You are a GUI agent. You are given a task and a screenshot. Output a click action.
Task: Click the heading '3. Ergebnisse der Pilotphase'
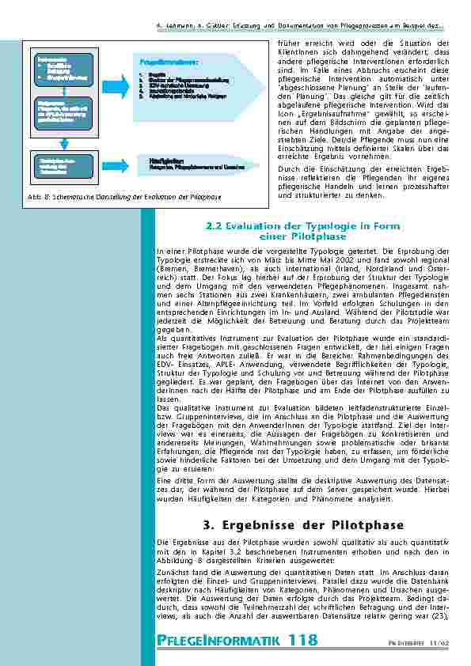tap(303, 525)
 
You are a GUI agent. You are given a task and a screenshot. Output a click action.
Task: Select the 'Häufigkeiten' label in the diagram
tap(161, 160)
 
